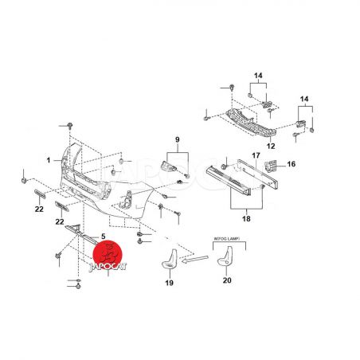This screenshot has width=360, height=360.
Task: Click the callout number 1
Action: [49, 160]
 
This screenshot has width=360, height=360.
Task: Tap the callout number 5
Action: [103, 237]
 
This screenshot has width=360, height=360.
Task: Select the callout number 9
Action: [178, 139]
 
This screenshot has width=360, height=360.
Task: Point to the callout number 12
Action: [271, 146]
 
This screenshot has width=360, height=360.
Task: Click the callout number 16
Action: [292, 164]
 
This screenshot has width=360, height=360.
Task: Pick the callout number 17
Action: [256, 155]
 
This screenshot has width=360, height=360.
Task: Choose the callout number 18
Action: [246, 219]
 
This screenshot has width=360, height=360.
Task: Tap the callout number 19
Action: [170, 283]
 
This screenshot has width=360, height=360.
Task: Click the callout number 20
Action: [227, 280]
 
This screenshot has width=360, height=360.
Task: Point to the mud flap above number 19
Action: [170, 260]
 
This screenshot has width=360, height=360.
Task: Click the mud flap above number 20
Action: [225, 256]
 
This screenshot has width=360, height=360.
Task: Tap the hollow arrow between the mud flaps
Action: [195, 259]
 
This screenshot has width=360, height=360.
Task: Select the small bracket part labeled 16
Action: [271, 166]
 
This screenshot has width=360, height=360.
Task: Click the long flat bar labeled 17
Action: [257, 174]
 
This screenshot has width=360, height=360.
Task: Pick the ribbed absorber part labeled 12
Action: [251, 123]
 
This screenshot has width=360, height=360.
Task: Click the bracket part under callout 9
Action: [169, 166]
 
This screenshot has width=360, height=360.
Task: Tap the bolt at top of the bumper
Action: [70, 126]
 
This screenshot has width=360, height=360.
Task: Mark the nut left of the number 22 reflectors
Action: [24, 181]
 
